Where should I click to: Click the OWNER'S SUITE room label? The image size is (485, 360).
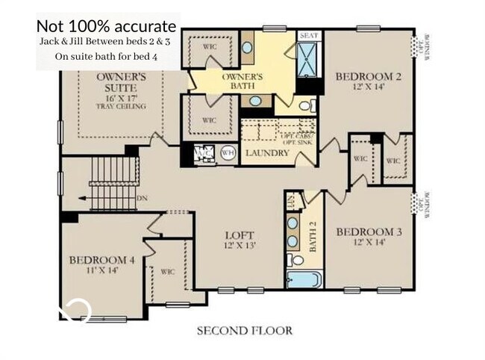coord(120,82)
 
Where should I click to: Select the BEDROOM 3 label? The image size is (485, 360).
coord(369,232)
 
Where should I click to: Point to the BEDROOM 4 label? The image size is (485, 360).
coord(101,260)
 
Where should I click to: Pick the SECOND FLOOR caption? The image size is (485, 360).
coord(244,330)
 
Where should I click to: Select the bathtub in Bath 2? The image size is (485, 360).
coord(304,280)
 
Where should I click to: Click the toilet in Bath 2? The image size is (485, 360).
coord(296,261)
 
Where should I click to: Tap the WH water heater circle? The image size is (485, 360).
coord(229,154)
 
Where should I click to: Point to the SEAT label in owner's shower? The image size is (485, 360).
coord(308,35)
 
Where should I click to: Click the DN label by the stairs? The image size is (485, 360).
coord(141,198)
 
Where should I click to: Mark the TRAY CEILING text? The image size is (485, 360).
coord(120,106)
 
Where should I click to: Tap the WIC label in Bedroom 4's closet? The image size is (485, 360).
coord(167,272)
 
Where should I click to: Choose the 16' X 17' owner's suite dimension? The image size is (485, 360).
coord(120,96)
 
